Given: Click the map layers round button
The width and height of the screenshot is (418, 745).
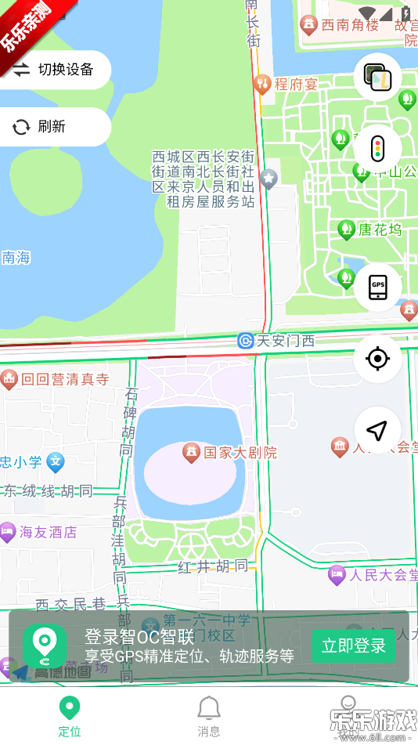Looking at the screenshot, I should point(377,77).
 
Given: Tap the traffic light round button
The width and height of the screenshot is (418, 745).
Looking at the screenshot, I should point(377,148).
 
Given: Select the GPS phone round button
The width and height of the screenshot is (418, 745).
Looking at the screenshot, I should point(377,288).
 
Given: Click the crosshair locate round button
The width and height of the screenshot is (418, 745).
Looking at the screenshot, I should point(377,359).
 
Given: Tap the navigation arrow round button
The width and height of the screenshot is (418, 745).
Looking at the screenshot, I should point(377,430).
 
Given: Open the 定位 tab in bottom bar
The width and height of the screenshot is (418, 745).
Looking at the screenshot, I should point(70,716).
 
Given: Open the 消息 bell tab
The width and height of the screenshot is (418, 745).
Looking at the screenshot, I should point(208,716).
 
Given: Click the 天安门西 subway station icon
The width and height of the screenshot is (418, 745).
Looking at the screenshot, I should point(246,341).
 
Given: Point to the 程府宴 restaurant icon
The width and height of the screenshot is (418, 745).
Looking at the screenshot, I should point(262,83).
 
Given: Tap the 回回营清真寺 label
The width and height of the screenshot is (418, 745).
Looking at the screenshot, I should point(64,380).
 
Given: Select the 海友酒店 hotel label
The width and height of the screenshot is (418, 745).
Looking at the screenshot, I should point(48,533).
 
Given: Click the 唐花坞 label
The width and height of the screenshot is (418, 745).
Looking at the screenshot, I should point(380,230).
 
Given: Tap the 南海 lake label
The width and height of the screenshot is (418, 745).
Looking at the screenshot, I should point(16,257).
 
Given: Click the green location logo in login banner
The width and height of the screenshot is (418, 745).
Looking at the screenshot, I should point(45,646).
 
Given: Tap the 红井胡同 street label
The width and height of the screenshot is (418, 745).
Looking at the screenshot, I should point(214,566).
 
